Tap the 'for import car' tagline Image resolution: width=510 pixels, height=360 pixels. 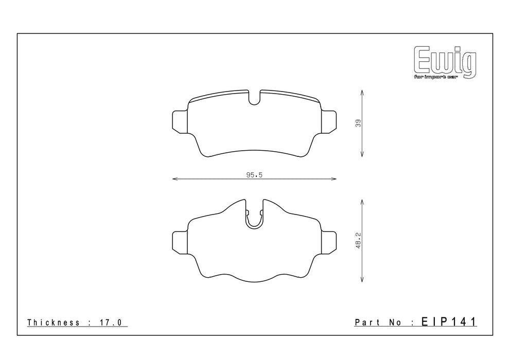[x=435, y=77]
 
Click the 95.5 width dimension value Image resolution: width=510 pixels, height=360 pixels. [x=254, y=175]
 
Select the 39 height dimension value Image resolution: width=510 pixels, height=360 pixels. [x=358, y=123]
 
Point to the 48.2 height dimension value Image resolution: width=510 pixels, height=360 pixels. [x=358, y=241]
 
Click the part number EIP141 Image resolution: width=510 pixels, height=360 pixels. [x=449, y=321]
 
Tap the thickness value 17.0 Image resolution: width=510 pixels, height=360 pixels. [x=110, y=322]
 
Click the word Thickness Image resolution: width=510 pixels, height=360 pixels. [x=54, y=322]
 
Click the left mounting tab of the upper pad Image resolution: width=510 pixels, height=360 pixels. [x=180, y=122]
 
